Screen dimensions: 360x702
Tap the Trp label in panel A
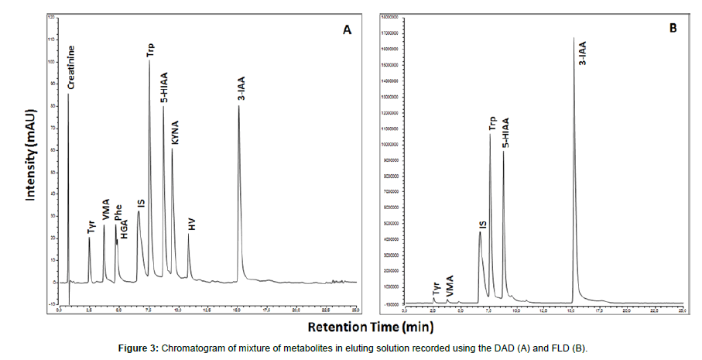150,51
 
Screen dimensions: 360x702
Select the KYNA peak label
175,133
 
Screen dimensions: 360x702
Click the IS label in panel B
482,225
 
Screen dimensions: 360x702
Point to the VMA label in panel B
450,283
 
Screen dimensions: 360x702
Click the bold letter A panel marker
348,30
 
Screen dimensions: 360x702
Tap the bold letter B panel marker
673,29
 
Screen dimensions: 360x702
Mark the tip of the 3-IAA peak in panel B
574,37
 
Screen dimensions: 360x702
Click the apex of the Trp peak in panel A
149,61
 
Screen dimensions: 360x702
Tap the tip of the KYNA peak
172,149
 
